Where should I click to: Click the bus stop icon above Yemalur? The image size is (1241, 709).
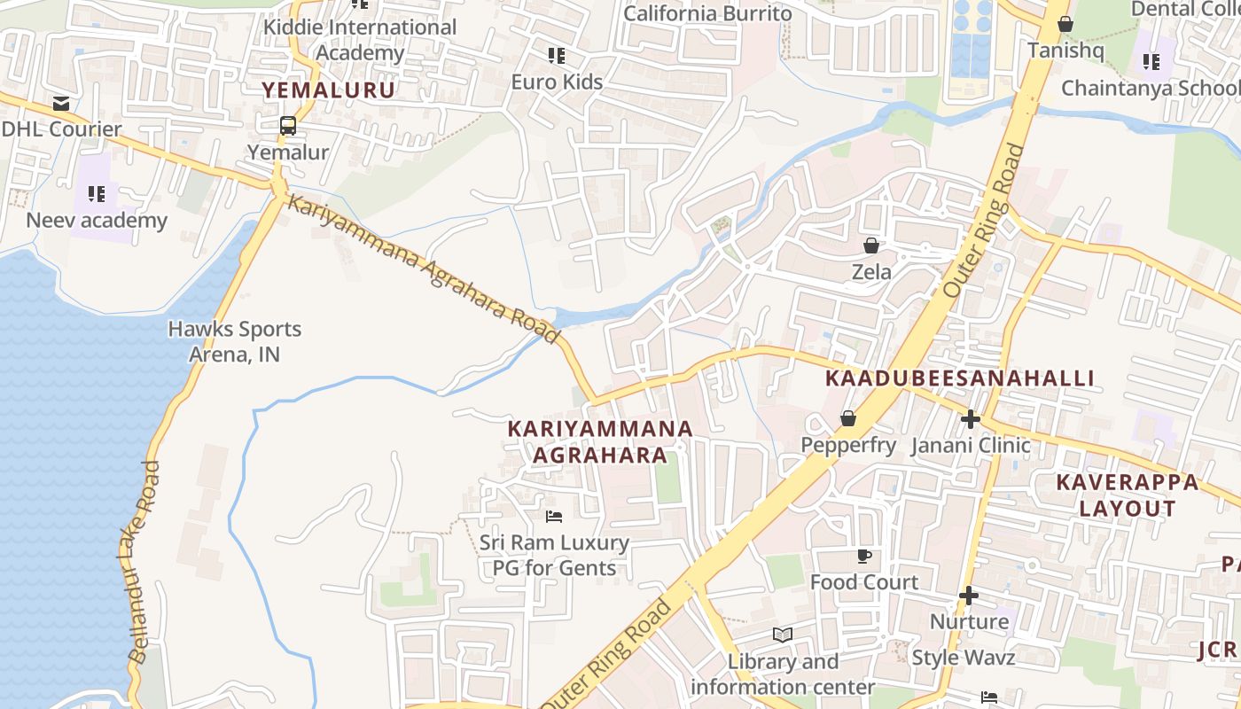click(288, 126)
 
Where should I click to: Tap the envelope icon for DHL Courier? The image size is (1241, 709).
click(61, 104)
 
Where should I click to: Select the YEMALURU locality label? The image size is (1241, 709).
click(328, 90)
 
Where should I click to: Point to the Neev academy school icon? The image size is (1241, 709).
click(97, 194)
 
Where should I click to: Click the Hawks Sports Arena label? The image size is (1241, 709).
click(235, 341)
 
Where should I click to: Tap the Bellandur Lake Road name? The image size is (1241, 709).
click(142, 562)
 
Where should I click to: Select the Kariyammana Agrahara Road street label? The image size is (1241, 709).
click(424, 269)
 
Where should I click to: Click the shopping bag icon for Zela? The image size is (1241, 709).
click(871, 245)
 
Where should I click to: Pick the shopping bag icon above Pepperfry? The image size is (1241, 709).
click(848, 418)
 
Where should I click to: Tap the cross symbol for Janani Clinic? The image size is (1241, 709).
click(971, 418)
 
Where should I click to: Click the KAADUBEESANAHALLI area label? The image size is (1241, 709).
click(960, 378)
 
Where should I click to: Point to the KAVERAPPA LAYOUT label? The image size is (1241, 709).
click(1127, 495)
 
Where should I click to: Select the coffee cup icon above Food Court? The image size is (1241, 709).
click(864, 557)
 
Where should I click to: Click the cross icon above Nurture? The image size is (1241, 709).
click(969, 596)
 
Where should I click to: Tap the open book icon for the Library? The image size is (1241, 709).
click(782, 635)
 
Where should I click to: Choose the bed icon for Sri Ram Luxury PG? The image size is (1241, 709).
click(554, 516)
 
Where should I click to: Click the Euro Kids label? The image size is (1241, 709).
click(557, 82)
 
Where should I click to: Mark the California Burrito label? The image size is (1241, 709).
click(707, 13)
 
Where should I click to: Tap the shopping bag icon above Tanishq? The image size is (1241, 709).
click(1065, 25)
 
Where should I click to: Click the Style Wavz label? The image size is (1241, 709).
click(963, 658)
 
